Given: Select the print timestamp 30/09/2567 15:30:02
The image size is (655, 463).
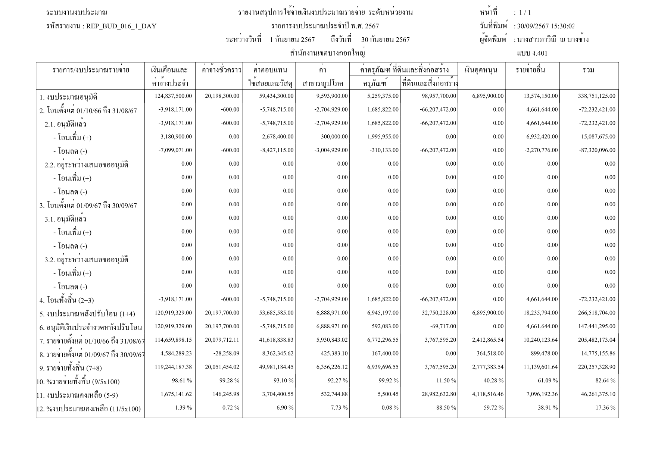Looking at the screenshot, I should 544,26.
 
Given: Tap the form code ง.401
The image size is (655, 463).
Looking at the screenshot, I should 532,53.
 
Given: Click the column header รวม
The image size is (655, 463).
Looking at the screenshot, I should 588,70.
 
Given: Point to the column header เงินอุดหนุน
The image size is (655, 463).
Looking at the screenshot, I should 481,70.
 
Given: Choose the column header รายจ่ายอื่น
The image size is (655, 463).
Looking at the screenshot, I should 530,70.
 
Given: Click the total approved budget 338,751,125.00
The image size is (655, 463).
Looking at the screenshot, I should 596,96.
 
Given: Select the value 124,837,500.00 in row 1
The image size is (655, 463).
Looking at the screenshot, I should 173,96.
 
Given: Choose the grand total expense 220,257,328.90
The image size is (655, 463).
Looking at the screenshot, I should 596,367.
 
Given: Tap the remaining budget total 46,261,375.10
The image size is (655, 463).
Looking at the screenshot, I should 598,394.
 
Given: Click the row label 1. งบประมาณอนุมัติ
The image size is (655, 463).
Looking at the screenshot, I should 68,97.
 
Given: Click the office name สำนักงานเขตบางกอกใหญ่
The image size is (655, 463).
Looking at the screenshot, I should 327,53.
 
